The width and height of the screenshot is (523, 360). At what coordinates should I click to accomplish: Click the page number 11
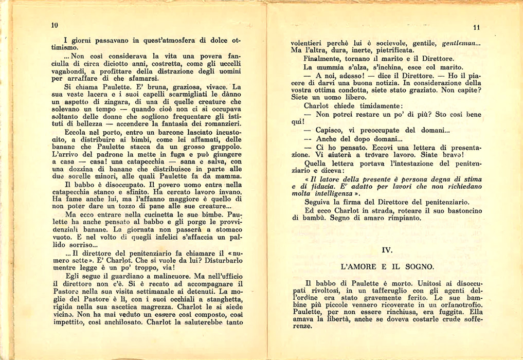pyautogui.click(x=476, y=27)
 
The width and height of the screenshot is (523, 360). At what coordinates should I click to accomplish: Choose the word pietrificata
pyautogui.click(x=390, y=51)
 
